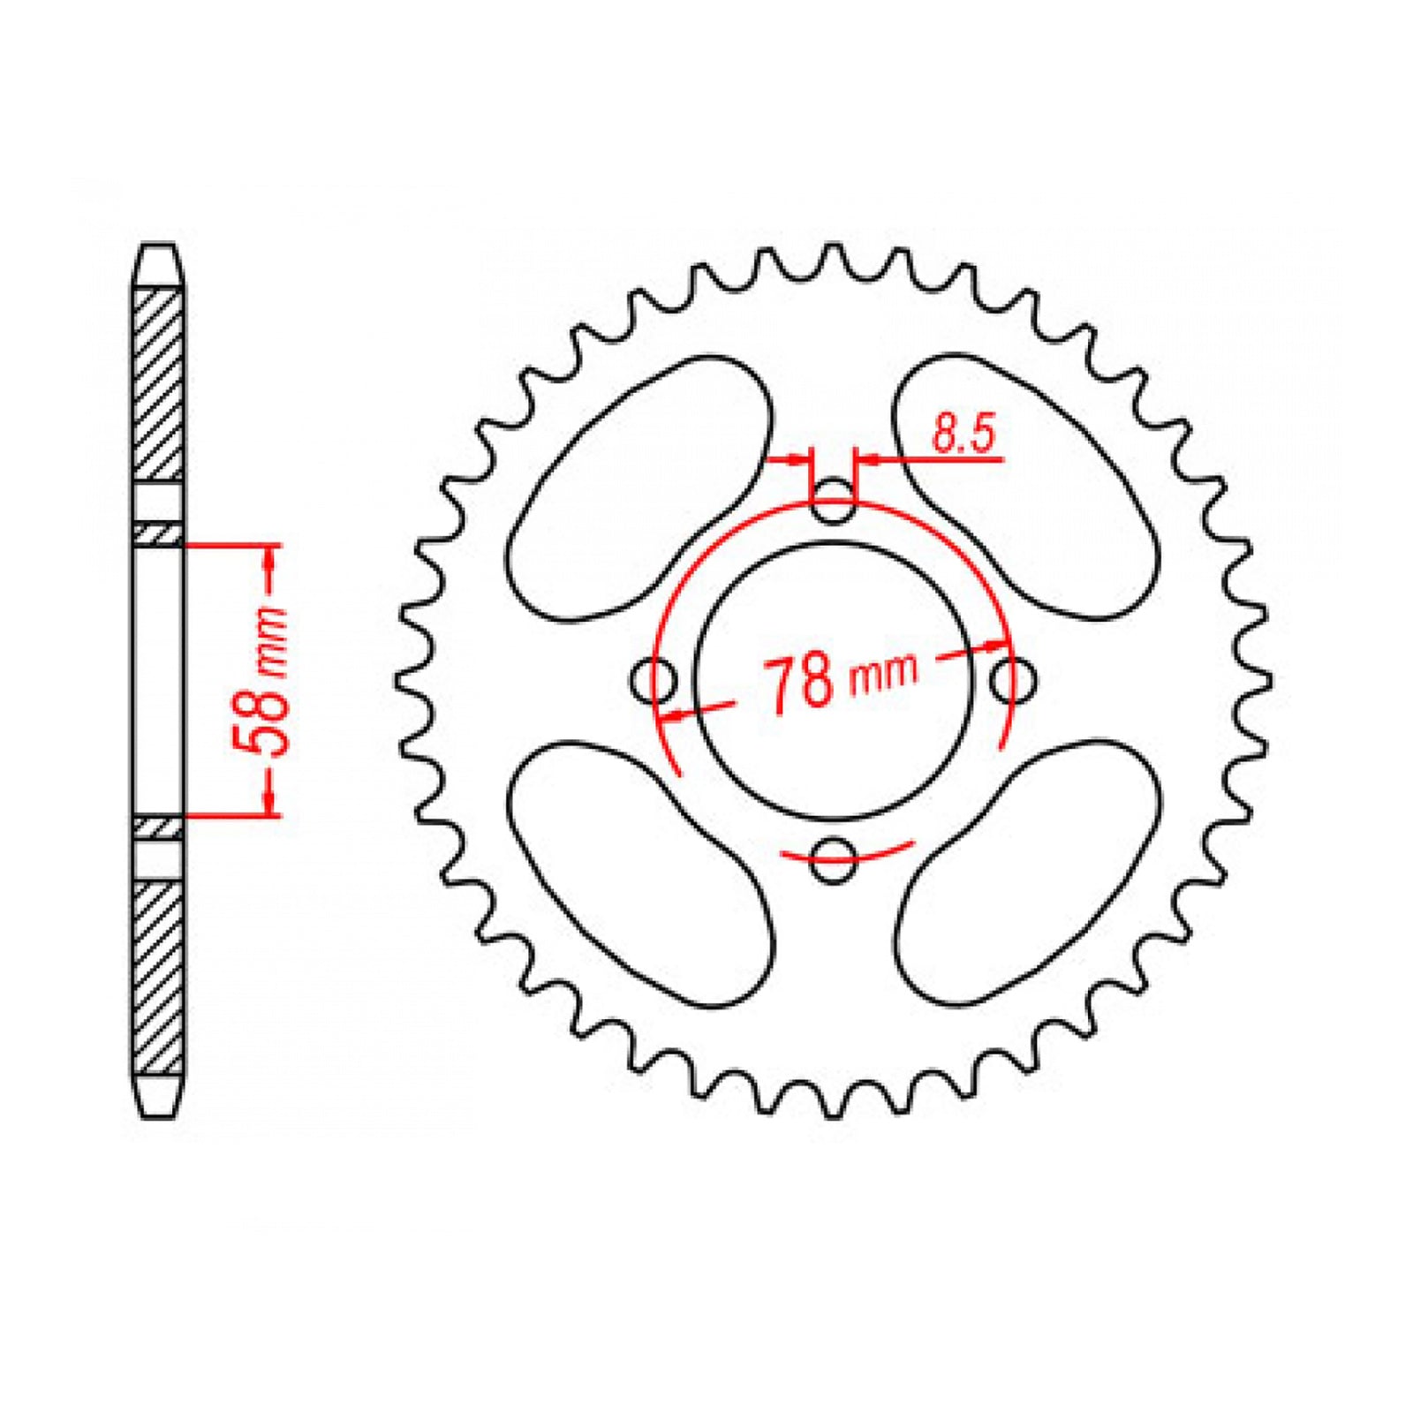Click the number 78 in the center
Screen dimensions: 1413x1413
point(800,684)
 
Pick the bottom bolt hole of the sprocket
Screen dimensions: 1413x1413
point(833,859)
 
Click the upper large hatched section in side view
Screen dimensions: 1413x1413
point(159,384)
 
